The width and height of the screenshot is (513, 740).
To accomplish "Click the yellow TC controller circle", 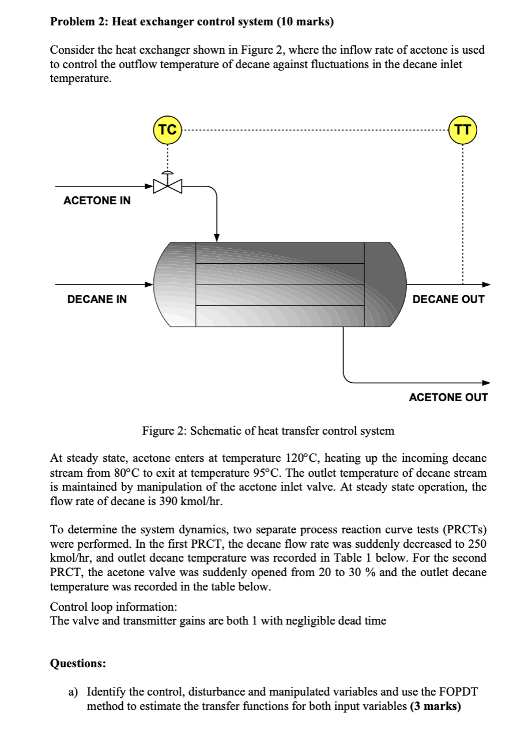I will click(167, 130).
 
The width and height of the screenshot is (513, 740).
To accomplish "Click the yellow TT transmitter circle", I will click(462, 130).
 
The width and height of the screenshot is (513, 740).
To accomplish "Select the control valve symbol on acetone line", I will click(167, 186).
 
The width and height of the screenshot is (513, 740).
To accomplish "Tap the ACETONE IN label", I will click(97, 201).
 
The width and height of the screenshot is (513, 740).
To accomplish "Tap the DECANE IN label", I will click(97, 299).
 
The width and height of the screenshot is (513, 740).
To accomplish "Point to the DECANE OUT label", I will click(448, 299).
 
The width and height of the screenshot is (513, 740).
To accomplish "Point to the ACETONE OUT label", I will click(448, 397).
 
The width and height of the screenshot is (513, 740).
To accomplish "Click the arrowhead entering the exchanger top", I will click(217, 237).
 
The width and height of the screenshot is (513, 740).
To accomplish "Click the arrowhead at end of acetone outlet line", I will click(485, 382).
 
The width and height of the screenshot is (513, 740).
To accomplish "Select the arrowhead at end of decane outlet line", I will click(485, 284).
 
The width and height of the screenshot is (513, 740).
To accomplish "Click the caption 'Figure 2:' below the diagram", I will click(164, 431).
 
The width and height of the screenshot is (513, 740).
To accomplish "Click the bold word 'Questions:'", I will click(78, 663).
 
